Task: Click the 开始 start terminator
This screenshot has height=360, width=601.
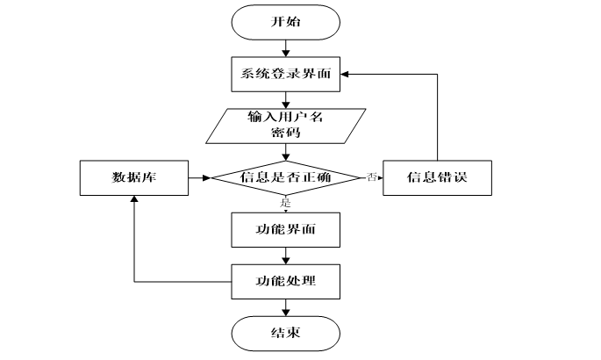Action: pos(285,22)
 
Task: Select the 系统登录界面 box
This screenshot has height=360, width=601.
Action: pos(285,75)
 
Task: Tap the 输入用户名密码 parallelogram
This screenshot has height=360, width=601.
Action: pos(285,126)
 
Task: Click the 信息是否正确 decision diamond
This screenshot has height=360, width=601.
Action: pos(285,177)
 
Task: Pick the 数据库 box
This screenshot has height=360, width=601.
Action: pos(134,178)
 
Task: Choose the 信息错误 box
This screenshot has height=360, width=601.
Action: pos(437,178)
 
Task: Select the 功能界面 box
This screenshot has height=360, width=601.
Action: pos(285,230)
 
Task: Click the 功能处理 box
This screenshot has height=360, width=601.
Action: pos(285,281)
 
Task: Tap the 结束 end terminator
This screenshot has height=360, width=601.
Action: pos(285,333)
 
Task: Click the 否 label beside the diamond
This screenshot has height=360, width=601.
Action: pos(371,176)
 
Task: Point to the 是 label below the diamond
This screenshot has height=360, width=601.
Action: pos(285,203)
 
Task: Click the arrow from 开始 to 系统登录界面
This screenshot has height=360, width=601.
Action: pos(285,48)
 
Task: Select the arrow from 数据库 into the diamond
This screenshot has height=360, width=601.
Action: pos(200,178)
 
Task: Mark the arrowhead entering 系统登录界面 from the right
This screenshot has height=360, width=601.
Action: pos(344,74)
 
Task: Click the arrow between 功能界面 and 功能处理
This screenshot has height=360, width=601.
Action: pos(285,256)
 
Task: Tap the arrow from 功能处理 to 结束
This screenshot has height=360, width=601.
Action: pos(285,307)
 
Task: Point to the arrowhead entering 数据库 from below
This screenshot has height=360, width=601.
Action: pos(134,199)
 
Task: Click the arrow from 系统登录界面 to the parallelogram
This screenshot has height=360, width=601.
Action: pos(285,100)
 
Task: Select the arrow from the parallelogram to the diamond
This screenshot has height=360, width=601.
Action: pos(285,152)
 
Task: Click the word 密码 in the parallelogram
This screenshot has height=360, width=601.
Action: pos(285,133)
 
